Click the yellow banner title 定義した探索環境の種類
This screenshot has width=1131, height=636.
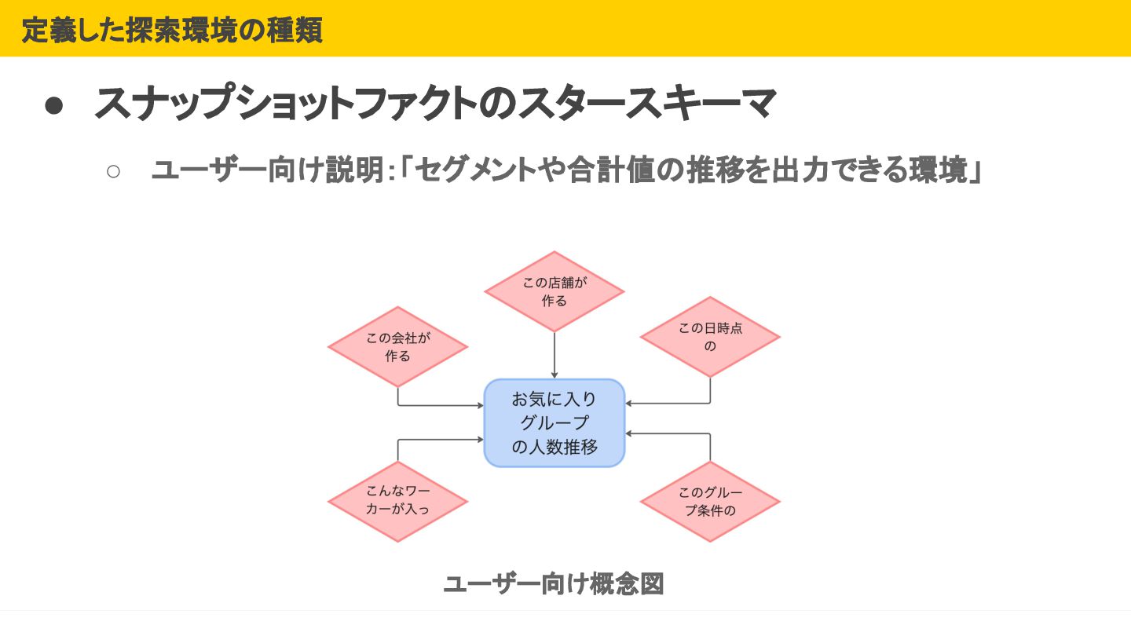pos(172,30)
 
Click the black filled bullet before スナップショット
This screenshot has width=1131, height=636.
pos(54,106)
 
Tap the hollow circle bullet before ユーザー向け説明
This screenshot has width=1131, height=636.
pos(113,171)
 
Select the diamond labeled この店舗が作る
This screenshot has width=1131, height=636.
pos(555,291)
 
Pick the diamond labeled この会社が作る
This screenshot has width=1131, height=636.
pos(397,347)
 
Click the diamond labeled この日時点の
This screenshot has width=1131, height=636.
pos(710,337)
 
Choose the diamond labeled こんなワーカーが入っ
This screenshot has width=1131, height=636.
pos(397,501)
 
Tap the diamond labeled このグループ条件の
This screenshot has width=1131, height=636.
pos(710,502)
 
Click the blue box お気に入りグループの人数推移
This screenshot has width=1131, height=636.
pos(555,423)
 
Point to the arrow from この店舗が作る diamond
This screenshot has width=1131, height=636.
pos(555,355)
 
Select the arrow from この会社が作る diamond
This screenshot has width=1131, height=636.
pos(440,405)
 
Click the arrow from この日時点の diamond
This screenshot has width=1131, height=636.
pos(668,404)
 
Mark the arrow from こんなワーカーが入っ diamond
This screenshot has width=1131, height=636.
pos(440,440)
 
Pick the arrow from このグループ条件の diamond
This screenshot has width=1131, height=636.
pos(668,433)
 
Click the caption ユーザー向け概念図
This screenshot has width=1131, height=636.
pos(554,584)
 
